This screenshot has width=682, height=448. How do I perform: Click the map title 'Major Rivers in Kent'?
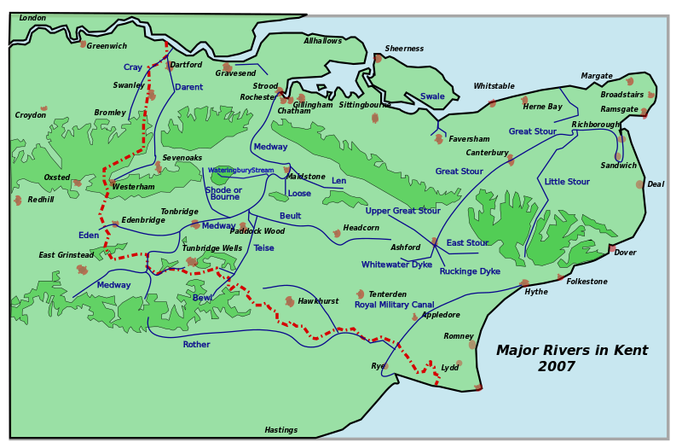coord(571,351)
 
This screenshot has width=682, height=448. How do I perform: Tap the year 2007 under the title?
coord(557,367)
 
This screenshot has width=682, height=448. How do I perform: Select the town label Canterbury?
coord(487,153)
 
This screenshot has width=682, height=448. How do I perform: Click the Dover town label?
coord(625,253)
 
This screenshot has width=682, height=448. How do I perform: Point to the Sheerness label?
coord(404,49)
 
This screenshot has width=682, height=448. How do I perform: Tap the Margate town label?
coord(597,76)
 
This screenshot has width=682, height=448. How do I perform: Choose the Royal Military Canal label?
coord(394,305)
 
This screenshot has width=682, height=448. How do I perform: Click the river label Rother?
coord(196,345)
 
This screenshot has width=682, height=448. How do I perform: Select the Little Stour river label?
coord(567,182)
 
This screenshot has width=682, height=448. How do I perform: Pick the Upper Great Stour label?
coord(402,211)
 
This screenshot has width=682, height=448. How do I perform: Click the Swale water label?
coord(432,96)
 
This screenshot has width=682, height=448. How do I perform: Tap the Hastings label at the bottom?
coord(280,430)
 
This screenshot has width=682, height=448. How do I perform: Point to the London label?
coord(32,18)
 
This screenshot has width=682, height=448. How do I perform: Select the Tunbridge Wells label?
coord(211,248)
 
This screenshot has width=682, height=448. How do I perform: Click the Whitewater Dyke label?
coord(396,265)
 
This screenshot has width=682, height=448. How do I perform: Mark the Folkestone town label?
coord(587,282)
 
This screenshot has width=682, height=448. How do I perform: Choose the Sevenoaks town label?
coord(182,158)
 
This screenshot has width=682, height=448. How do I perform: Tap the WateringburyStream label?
coord(240,170)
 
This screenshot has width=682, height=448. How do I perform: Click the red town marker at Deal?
coord(639,184)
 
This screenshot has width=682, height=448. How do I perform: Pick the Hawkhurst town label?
coord(318,301)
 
